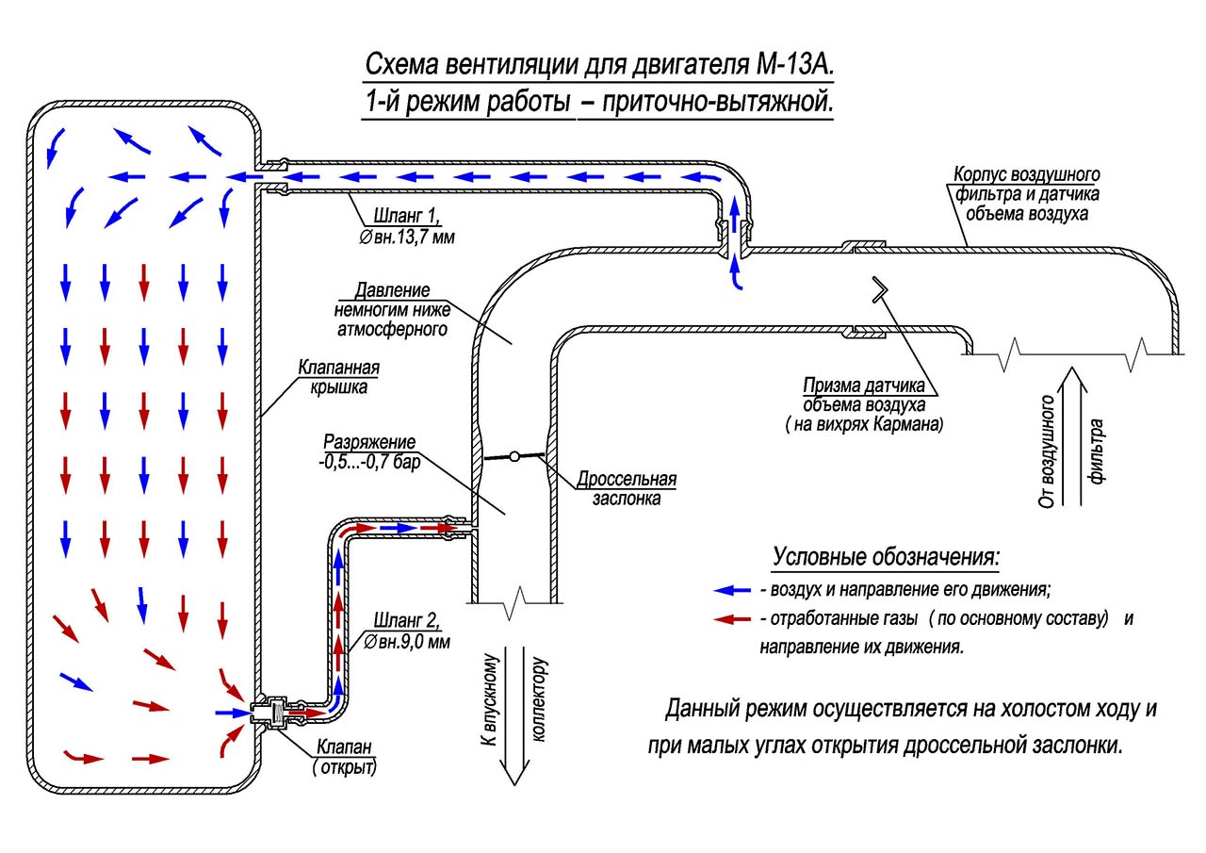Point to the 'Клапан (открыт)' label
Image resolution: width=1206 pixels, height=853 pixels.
tap(344, 757)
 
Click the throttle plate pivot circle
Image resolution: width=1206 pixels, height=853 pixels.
tap(513, 457)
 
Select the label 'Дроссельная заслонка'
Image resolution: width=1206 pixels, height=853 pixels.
tap(633, 488)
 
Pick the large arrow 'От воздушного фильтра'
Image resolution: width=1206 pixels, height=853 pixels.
tap(1070, 436)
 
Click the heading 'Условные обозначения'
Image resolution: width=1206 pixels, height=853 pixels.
tap(886, 556)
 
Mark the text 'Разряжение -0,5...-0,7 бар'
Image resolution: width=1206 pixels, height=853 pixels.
tap(368, 451)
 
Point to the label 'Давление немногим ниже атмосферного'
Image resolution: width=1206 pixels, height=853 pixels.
tap(391, 309)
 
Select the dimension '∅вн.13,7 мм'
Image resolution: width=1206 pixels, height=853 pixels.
tap(406, 238)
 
